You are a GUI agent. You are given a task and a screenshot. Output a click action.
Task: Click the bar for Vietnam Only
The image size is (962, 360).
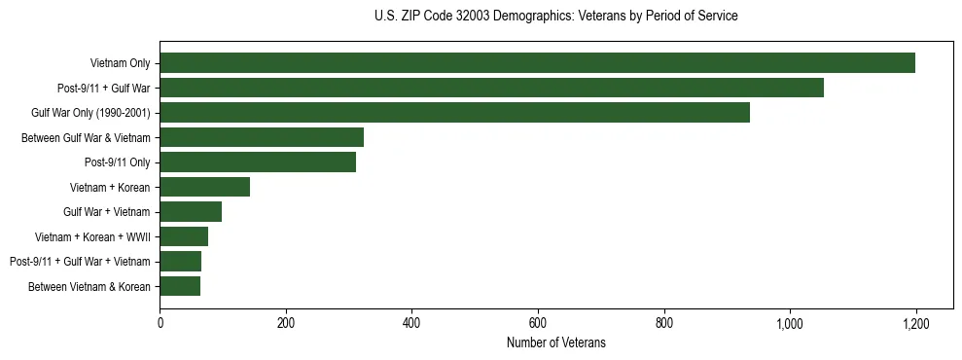(x=537, y=63)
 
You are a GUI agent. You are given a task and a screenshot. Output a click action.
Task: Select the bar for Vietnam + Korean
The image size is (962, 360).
(x=204, y=187)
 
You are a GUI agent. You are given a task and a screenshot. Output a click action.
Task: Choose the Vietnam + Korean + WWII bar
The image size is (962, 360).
(x=184, y=236)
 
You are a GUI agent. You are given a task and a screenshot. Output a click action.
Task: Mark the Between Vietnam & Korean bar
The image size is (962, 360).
(x=180, y=286)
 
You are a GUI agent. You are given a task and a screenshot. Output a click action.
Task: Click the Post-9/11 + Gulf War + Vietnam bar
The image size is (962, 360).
(x=181, y=262)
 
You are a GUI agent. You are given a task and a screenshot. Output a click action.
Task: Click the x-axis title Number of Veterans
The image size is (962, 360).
(x=555, y=342)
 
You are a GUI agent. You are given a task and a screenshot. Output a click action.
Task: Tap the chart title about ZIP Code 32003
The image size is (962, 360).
(x=555, y=17)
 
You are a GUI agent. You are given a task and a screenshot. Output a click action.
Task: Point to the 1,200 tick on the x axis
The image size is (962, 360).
(x=916, y=323)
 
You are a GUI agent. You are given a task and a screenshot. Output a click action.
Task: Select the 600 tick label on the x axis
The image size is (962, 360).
(x=538, y=323)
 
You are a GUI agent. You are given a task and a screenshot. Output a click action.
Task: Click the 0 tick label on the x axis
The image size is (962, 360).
(x=160, y=323)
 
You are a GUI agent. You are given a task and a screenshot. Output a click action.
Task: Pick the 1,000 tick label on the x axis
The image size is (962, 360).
(x=790, y=323)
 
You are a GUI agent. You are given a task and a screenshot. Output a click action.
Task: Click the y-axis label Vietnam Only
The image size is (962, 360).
(x=120, y=63)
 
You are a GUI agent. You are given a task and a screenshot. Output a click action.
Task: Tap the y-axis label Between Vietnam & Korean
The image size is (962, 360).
(x=89, y=286)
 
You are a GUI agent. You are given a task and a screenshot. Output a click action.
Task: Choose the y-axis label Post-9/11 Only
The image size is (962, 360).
(x=117, y=162)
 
